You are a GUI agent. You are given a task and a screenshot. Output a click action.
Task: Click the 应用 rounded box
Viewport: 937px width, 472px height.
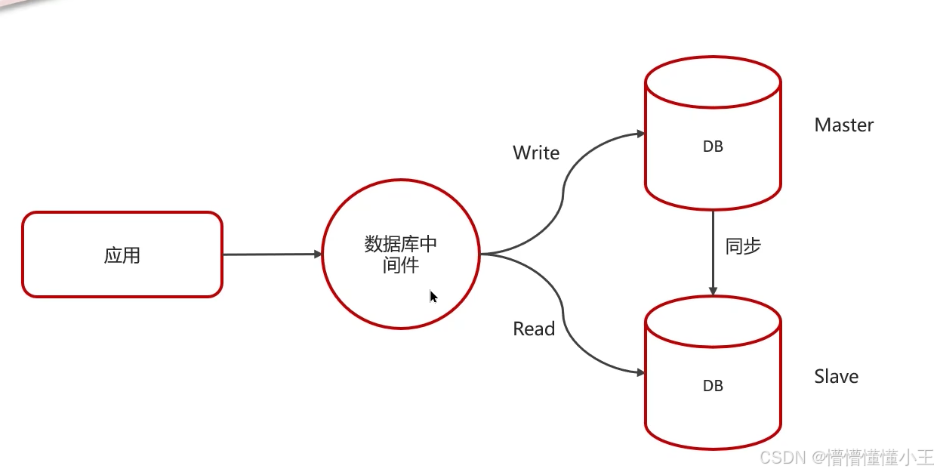click(122, 255)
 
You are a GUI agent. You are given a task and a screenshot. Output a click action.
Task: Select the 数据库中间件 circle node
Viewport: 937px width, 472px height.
click(401, 255)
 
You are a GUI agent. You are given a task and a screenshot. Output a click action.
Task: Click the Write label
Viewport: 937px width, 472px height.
click(536, 153)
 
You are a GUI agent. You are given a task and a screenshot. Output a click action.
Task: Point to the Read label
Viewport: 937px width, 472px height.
click(534, 329)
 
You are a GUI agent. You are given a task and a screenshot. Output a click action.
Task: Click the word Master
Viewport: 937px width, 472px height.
click(843, 125)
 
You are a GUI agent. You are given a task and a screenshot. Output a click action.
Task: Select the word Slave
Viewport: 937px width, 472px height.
click(836, 376)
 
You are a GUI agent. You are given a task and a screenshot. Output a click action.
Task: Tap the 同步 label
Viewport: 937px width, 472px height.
click(743, 246)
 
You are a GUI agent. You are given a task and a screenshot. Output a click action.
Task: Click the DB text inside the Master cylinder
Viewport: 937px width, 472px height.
click(713, 147)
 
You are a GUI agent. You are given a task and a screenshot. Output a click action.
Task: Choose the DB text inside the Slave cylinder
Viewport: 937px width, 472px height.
click(713, 386)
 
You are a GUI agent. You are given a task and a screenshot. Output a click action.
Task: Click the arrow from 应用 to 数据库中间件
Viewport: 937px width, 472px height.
click(272, 255)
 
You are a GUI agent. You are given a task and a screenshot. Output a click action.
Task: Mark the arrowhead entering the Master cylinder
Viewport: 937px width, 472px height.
click(640, 134)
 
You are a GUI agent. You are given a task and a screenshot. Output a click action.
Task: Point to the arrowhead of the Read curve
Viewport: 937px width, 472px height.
click(640, 372)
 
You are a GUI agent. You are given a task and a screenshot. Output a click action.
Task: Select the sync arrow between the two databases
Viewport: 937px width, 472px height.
click(713, 253)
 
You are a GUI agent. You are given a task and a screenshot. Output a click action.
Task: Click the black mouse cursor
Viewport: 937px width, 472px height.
click(433, 297)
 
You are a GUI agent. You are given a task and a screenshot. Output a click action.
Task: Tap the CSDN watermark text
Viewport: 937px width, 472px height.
click(846, 457)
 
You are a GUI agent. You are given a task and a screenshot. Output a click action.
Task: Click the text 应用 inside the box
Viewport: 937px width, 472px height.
click(122, 255)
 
